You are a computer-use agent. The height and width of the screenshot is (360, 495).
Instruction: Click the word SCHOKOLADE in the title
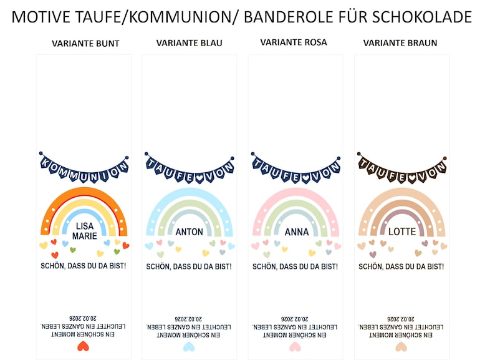click(x=422, y=17)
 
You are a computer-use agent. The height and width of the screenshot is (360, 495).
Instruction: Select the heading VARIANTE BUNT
click(x=85, y=43)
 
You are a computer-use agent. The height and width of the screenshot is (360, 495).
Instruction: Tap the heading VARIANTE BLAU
click(x=189, y=42)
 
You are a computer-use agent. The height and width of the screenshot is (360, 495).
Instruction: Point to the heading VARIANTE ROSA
click(x=293, y=42)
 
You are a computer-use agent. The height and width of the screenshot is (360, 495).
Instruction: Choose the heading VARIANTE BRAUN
click(x=400, y=42)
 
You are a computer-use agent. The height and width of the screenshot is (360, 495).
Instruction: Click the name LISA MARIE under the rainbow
click(x=85, y=231)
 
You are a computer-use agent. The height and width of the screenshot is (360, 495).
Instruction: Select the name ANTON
click(x=189, y=232)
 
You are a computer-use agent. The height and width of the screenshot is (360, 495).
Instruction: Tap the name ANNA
click(x=296, y=232)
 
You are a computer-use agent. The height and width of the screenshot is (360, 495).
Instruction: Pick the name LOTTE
click(x=402, y=231)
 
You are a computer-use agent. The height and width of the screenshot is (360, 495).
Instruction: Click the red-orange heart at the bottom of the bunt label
click(x=83, y=346)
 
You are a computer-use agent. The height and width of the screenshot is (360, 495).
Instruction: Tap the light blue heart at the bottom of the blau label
click(x=189, y=347)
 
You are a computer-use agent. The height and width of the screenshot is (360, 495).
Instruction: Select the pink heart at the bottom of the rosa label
click(x=295, y=347)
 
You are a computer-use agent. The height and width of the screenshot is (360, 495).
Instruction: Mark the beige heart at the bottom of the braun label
click(x=401, y=347)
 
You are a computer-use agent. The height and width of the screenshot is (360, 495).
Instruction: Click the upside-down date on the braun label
click(x=401, y=319)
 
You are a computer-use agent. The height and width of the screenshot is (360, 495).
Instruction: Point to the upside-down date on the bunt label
click(x=83, y=318)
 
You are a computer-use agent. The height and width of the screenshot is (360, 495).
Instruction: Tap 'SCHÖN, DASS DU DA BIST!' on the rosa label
click(x=295, y=267)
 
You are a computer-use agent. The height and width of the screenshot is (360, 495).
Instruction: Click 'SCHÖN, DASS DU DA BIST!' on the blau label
click(x=189, y=267)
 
